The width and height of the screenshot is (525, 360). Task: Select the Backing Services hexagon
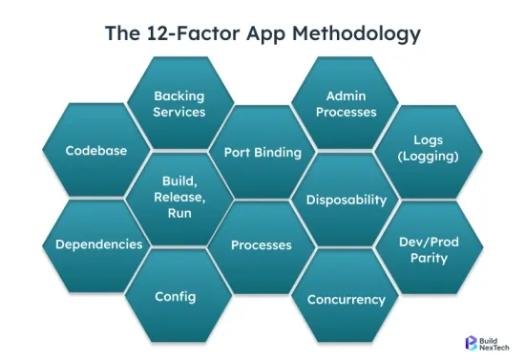179,104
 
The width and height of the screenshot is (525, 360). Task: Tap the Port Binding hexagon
262,152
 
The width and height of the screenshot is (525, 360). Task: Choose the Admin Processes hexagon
346,104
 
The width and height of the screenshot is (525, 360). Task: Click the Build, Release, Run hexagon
179,198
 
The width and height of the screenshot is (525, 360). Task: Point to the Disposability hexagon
346,200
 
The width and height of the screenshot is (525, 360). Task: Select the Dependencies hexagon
98,244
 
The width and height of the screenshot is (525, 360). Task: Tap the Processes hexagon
262,245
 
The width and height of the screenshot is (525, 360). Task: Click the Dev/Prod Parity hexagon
428,249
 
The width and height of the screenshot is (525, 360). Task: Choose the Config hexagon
176,296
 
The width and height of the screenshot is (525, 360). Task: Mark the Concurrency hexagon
346,300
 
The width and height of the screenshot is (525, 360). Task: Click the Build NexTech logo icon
470,342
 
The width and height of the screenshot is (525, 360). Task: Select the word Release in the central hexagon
180,198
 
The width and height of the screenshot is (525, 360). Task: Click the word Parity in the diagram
428,258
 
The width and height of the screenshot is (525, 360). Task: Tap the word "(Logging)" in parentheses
428,157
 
